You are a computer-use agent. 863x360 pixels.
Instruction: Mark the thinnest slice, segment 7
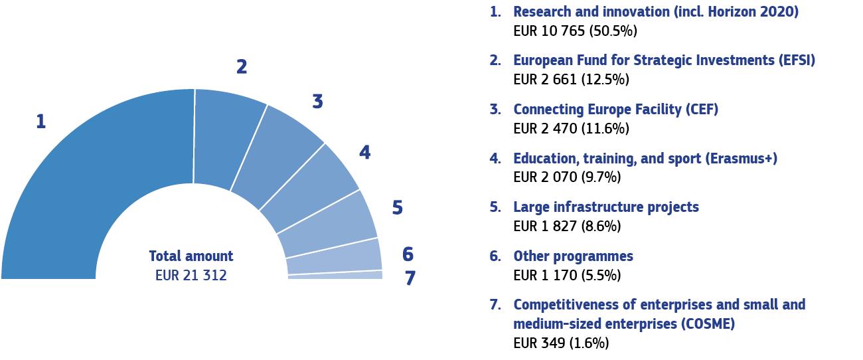click(x=335, y=275)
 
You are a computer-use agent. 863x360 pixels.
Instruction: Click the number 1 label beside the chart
click(x=41, y=122)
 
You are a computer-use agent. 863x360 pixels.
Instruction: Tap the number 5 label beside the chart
click(x=397, y=208)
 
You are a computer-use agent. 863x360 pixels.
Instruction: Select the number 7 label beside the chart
click(x=410, y=278)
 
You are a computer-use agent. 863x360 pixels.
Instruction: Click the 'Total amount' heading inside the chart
click(x=191, y=256)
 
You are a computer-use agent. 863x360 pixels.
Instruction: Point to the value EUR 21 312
click(x=191, y=275)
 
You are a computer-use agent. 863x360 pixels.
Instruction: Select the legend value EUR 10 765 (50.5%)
click(x=576, y=31)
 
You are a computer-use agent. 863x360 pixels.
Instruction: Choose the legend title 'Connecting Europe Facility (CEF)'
click(x=615, y=109)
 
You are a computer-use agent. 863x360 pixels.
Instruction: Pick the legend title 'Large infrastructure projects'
click(x=605, y=207)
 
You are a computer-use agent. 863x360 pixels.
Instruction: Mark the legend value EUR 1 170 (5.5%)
click(x=567, y=275)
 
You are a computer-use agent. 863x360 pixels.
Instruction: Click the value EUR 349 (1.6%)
click(x=561, y=343)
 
